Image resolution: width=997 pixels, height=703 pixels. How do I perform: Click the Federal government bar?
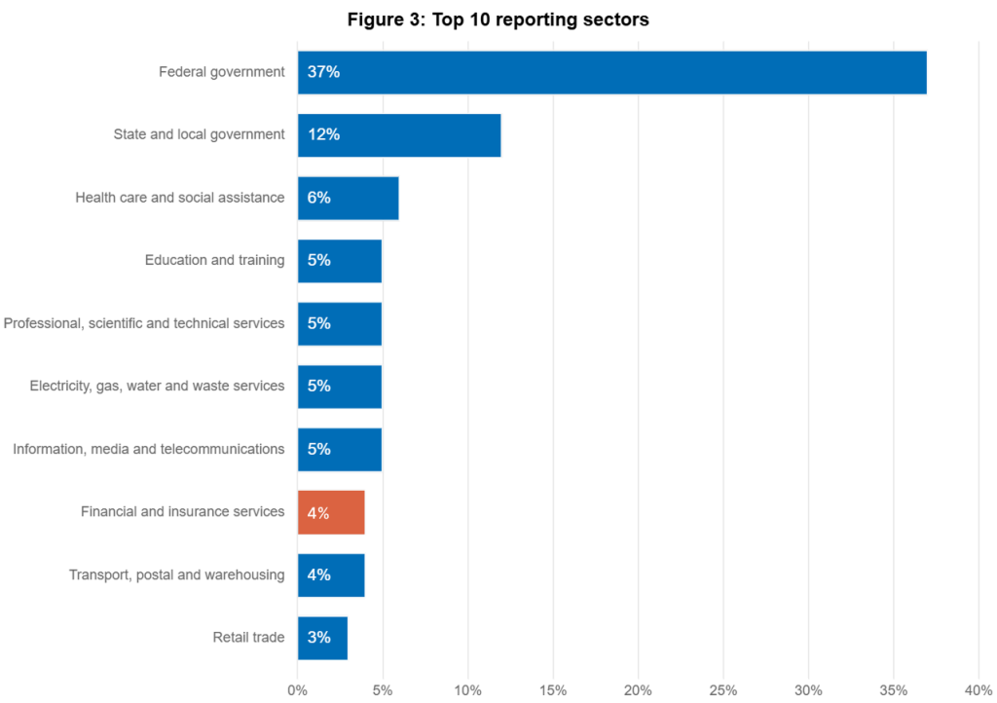tap(612, 72)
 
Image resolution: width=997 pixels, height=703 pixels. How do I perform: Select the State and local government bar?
tap(399, 134)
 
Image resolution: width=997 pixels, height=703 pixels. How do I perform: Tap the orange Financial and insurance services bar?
tap(331, 512)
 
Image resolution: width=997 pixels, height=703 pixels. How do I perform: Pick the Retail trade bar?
tap(323, 638)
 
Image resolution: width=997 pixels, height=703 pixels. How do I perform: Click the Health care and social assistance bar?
tap(349, 198)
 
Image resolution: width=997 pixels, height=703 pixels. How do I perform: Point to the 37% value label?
tap(323, 72)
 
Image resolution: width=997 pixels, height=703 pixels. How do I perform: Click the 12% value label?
tap(323, 134)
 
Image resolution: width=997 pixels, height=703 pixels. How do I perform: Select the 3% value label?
tap(318, 638)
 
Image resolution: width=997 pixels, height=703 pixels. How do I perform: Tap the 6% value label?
tap(318, 198)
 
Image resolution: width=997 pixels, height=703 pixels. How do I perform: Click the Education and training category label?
tap(214, 260)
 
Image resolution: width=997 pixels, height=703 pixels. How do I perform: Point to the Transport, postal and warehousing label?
tap(176, 574)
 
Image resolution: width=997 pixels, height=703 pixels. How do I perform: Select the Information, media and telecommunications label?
tap(148, 449)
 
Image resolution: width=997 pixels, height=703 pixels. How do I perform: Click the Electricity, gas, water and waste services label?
tap(158, 386)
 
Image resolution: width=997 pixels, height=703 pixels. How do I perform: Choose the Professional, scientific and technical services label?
tap(144, 323)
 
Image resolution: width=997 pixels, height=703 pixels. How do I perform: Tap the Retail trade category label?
tap(248, 638)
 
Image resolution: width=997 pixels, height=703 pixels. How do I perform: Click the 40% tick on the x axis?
tap(977, 689)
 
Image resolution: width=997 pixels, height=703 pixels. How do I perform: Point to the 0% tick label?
tap(297, 689)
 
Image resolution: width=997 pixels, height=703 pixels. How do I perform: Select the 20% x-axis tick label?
tap(638, 689)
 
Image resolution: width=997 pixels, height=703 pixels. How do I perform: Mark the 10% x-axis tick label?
tap(467, 689)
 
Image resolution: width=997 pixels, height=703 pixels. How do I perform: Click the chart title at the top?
tap(497, 19)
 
